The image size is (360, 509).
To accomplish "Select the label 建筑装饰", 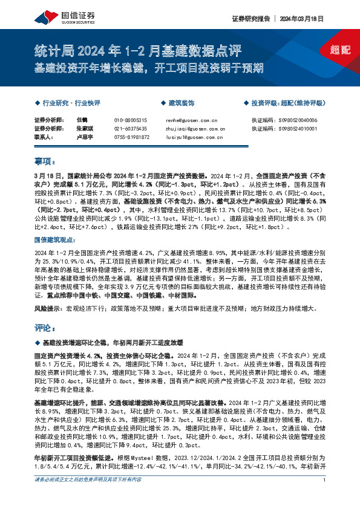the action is [x=182, y=103].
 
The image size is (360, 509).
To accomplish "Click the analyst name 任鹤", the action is [x=83, y=120].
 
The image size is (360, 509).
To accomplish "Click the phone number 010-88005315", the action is [x=130, y=120].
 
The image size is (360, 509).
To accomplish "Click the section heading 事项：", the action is [x=45, y=161].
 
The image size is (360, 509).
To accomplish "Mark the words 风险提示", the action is [x=47, y=308].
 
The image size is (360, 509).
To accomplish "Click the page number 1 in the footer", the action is [x=325, y=497].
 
